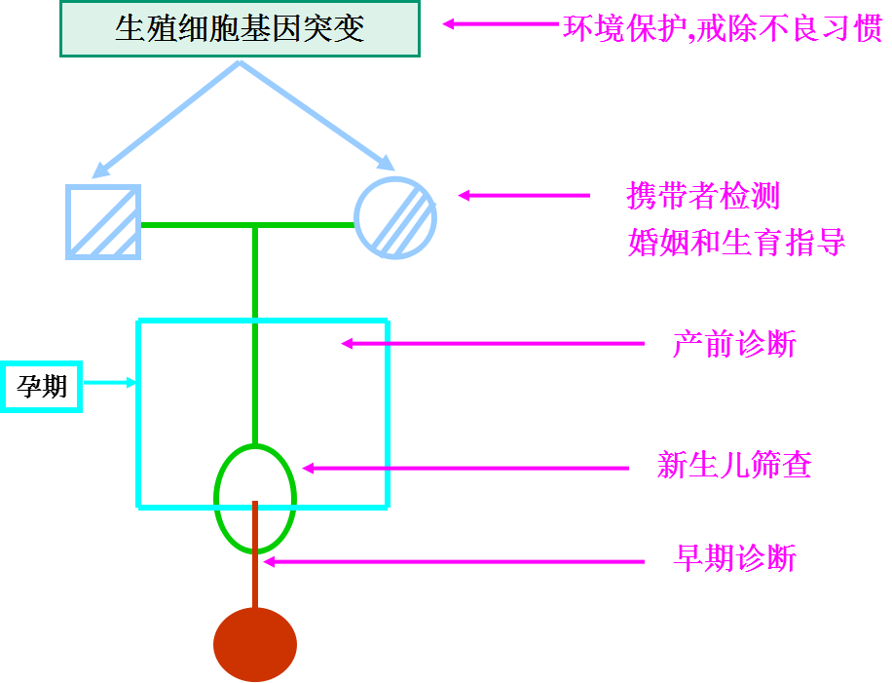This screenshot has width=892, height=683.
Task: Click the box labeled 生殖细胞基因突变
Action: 240,29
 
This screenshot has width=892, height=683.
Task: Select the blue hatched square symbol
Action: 103,221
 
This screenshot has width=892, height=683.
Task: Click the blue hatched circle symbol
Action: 394,217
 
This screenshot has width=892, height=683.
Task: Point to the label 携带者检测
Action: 703,196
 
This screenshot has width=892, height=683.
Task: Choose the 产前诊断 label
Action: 734,344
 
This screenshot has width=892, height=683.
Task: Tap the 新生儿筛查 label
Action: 734,467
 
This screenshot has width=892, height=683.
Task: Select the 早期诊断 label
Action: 734,559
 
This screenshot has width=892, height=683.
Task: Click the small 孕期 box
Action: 42,387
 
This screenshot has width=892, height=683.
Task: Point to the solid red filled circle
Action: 255,644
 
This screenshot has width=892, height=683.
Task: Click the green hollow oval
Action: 255,498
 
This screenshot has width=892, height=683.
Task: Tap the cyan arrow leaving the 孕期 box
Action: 108,383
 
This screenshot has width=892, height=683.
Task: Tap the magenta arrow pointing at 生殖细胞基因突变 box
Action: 501,23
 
